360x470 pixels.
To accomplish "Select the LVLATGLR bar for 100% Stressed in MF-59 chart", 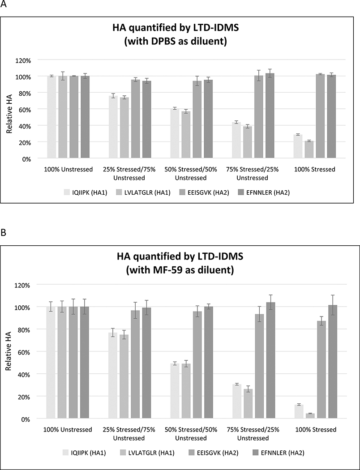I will pos(309,416).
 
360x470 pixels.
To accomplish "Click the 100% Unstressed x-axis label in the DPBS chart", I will pos(68,170).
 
